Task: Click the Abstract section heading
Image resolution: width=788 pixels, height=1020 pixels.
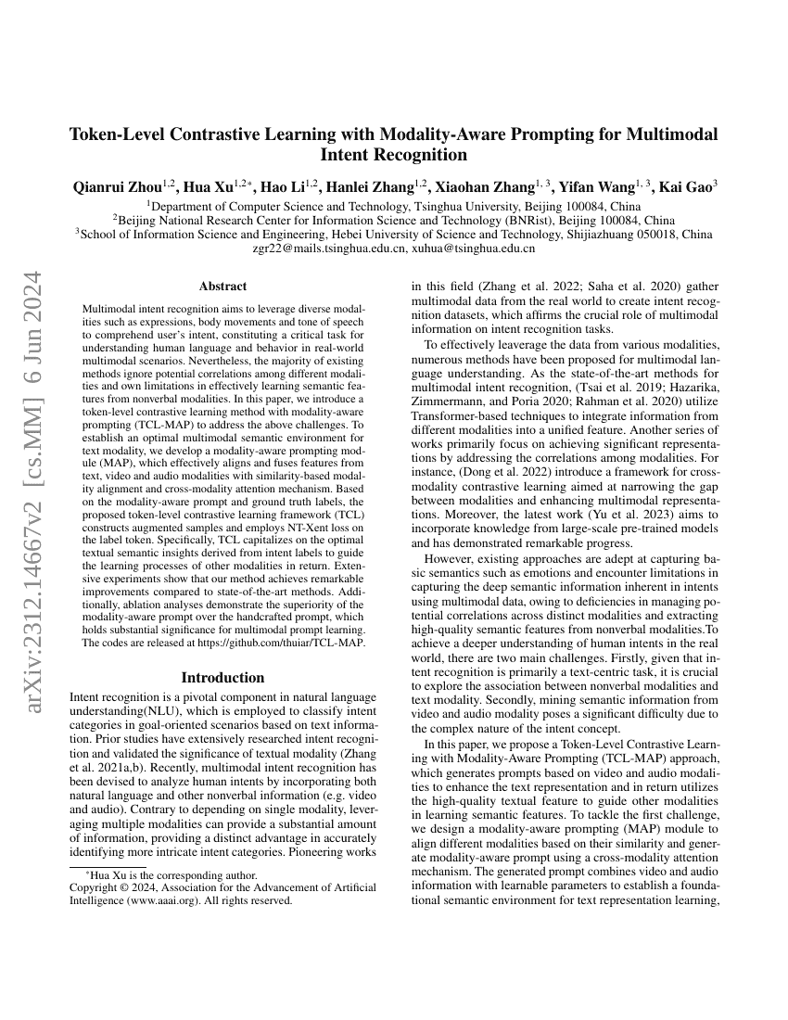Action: (x=222, y=287)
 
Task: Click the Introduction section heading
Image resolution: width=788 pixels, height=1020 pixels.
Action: (x=222, y=677)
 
